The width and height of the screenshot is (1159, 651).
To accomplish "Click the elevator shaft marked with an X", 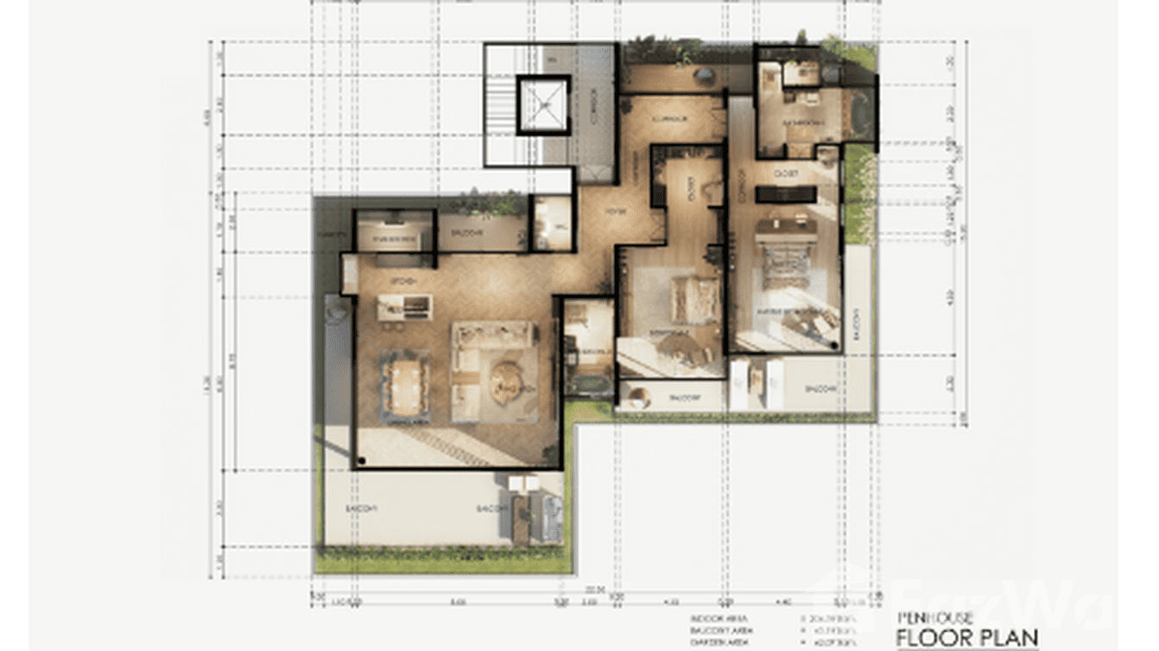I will pyautogui.click(x=544, y=104).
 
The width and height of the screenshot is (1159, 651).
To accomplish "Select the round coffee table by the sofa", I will pyautogui.click(x=507, y=382).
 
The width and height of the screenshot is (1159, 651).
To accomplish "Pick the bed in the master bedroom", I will pyautogui.click(x=785, y=255).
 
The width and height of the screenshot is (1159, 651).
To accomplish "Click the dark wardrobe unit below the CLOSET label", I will pyautogui.click(x=785, y=194).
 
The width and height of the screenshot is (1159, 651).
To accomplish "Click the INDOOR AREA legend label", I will pyautogui.click(x=712, y=619).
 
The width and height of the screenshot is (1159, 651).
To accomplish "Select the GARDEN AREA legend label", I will pyautogui.click(x=713, y=643).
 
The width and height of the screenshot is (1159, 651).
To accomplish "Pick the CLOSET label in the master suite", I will pyautogui.click(x=785, y=174).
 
